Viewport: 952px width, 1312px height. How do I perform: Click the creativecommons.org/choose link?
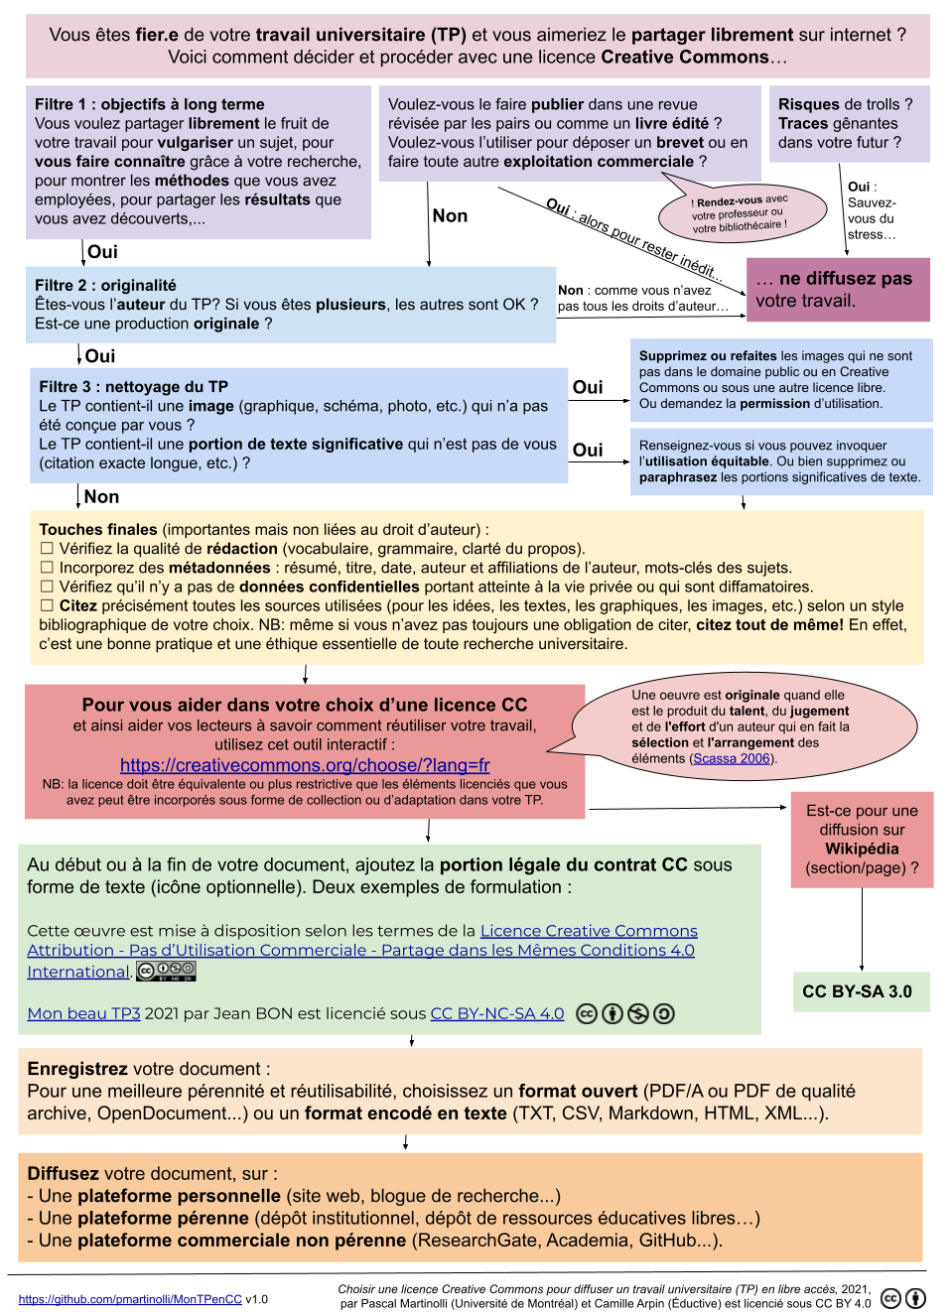tap(305, 765)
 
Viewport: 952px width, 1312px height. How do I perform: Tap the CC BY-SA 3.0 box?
tap(857, 991)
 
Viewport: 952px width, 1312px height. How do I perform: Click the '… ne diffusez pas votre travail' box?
tap(838, 289)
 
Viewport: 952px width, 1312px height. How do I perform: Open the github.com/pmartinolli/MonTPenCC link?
tap(130, 1299)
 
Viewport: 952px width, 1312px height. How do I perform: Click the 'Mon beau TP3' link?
tap(83, 1013)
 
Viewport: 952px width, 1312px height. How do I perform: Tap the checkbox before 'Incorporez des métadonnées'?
tap(46, 568)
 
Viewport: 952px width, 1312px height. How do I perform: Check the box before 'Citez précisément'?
tap(46, 605)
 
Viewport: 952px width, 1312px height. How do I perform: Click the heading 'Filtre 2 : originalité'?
tap(105, 285)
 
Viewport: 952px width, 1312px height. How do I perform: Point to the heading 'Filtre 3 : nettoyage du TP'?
tap(133, 387)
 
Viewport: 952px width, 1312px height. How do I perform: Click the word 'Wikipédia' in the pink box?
tap(862, 849)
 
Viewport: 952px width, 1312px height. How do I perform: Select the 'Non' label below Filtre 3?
tap(101, 497)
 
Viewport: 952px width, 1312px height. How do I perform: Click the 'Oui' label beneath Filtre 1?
tap(102, 252)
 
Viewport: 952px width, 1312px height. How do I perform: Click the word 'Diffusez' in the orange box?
tap(63, 1173)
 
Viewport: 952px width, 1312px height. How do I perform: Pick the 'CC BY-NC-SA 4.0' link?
tap(496, 1013)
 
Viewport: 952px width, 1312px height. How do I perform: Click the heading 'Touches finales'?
tap(98, 530)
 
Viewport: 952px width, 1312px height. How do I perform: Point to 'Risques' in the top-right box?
tap(807, 104)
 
